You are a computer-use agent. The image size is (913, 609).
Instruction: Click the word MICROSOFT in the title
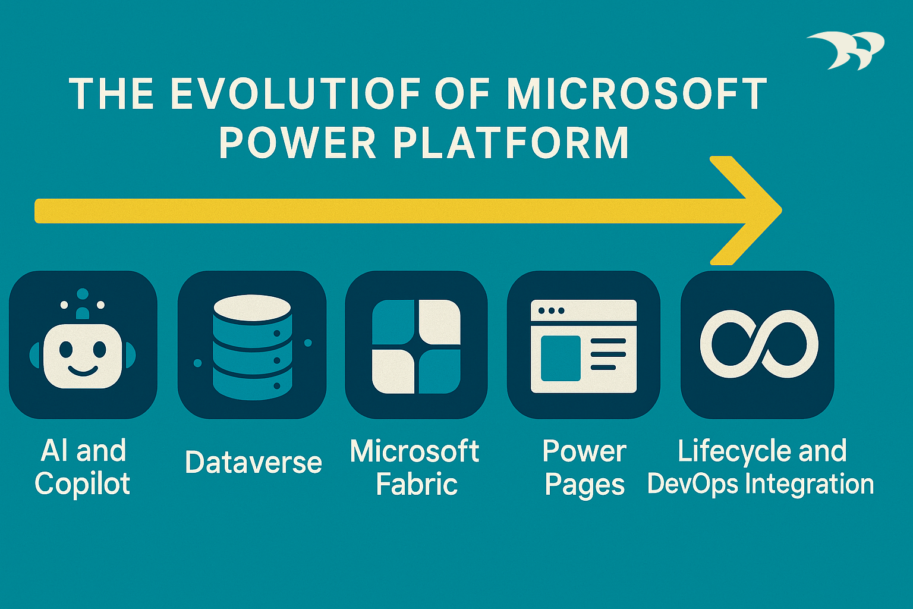[636, 94]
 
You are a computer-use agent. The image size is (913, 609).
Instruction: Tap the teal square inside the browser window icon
[560, 358]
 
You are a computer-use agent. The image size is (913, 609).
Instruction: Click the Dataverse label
[253, 462]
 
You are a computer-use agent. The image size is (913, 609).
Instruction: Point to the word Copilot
[83, 484]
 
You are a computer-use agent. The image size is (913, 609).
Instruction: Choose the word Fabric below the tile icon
[417, 484]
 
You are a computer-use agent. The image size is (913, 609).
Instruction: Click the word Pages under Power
[584, 485]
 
